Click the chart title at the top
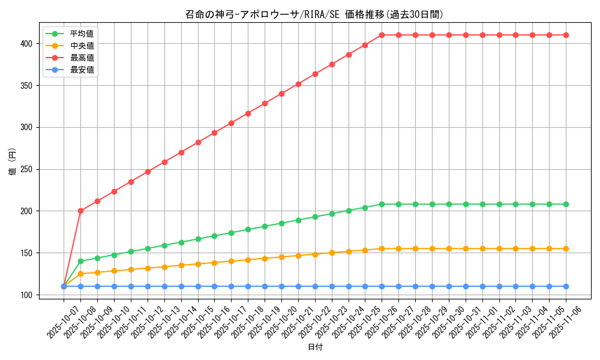click(314, 14)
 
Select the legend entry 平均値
click(82, 34)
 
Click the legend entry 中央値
click(82, 46)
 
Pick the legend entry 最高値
click(82, 58)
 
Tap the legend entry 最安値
click(82, 70)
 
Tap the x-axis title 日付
click(314, 347)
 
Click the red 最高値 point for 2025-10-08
click(80, 211)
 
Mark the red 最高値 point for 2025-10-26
click(382, 35)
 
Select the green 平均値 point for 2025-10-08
click(80, 261)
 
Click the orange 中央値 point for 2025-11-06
click(566, 248)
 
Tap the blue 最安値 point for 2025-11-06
click(566, 286)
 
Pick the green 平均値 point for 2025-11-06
click(566, 204)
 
